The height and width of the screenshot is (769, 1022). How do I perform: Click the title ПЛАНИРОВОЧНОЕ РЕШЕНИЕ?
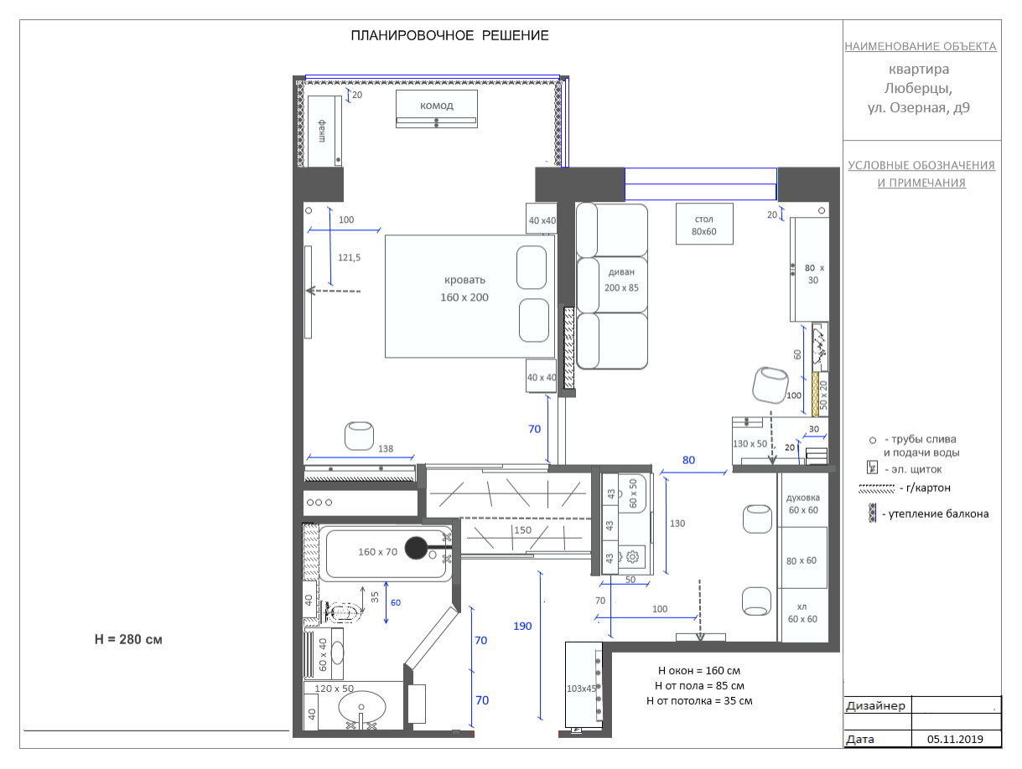click(x=449, y=35)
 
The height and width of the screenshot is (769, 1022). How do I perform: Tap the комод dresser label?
click(x=436, y=106)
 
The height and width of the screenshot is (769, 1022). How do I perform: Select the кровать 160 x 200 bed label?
click(x=464, y=288)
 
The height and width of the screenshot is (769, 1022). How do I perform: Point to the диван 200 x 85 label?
click(x=621, y=280)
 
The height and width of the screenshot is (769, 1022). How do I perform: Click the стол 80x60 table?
click(x=704, y=224)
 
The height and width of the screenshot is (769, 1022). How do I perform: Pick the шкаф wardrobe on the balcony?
click(x=324, y=131)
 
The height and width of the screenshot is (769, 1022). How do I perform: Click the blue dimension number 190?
click(x=522, y=627)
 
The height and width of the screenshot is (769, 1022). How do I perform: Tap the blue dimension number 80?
click(x=688, y=460)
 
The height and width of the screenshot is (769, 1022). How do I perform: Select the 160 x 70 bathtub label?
click(x=377, y=552)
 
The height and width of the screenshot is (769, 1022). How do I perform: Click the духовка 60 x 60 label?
click(x=803, y=503)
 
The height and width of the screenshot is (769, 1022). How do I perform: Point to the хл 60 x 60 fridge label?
click(x=802, y=612)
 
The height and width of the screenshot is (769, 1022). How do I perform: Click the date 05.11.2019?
click(x=955, y=739)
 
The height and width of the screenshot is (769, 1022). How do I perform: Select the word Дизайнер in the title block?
click(x=875, y=706)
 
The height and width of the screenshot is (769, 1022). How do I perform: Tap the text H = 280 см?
click(x=128, y=640)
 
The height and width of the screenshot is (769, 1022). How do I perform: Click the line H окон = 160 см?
click(x=699, y=671)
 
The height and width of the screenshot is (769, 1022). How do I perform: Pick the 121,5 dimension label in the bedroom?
click(x=349, y=258)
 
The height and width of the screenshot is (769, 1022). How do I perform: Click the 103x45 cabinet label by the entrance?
click(x=581, y=689)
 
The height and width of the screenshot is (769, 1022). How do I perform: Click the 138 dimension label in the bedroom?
click(x=386, y=449)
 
